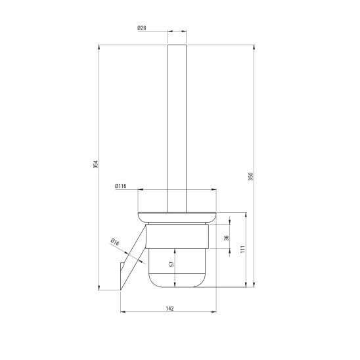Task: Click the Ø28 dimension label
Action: coord(142,28)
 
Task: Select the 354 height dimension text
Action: coord(95,164)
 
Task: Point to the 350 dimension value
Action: coord(251,176)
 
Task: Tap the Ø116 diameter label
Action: coord(120,186)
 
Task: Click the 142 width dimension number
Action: coord(170,309)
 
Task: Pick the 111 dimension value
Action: coord(243,250)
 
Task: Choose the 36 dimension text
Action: coord(227,238)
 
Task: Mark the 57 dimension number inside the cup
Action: coord(171,264)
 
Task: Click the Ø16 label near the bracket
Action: coord(115,242)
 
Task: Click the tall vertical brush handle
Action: coord(177,128)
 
